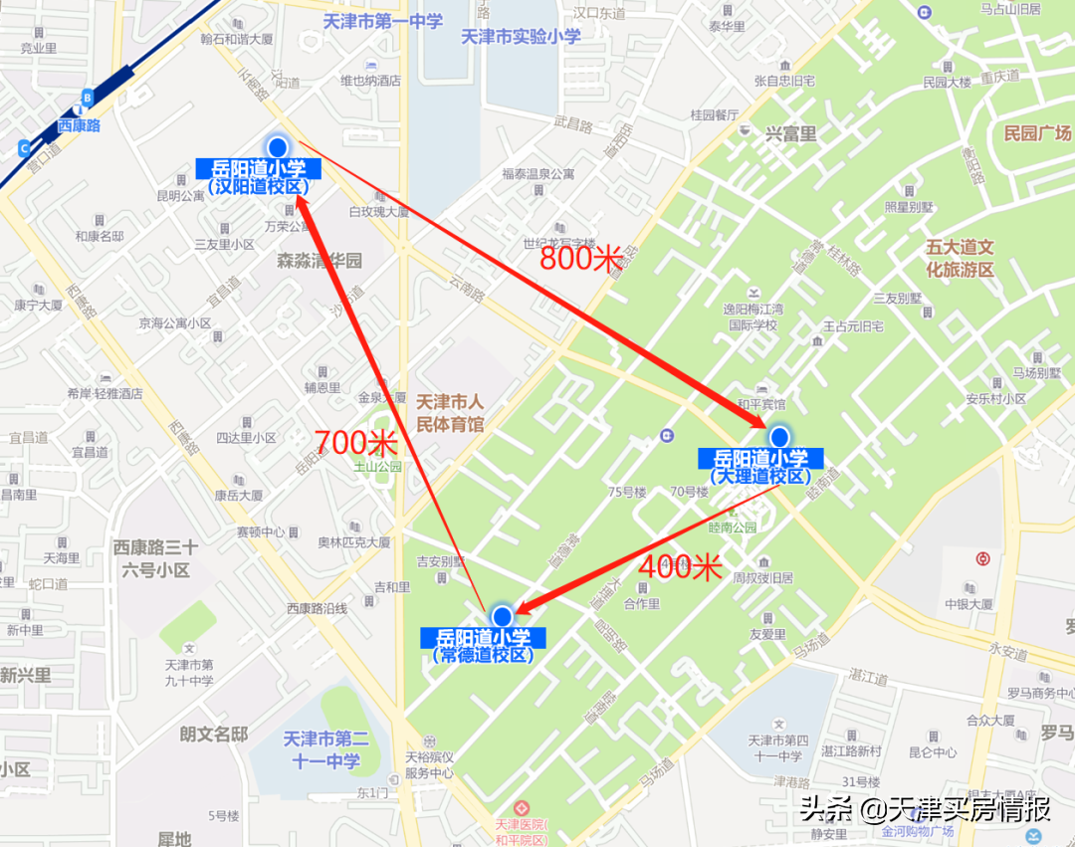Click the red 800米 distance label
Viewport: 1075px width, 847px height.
pos(581,258)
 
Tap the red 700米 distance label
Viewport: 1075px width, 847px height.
pos(356,443)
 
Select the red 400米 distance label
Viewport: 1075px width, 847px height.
pos(680,566)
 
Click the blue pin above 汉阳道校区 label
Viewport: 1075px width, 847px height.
pos(278,147)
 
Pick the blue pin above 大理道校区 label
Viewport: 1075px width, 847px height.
pos(779,437)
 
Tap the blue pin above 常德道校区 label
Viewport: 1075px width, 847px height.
pos(502,616)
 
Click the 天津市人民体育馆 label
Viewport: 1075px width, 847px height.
pos(449,413)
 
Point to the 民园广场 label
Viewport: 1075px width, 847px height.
pos(1036,133)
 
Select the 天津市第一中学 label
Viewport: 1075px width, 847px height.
pos(383,21)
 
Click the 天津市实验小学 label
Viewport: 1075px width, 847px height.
pos(521,36)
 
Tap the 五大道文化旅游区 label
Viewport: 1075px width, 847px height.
pos(960,258)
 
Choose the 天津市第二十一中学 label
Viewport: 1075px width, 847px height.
pos(325,749)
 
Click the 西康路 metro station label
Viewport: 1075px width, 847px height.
pos(79,125)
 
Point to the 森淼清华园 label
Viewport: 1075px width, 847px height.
pos(320,261)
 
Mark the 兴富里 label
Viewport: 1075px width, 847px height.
pos(790,133)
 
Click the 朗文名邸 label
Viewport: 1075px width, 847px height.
pos(213,735)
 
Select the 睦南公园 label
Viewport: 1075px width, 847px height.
pos(733,528)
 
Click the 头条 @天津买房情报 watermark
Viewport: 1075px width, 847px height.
pos(926,808)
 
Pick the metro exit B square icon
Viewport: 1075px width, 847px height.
pos(88,97)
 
